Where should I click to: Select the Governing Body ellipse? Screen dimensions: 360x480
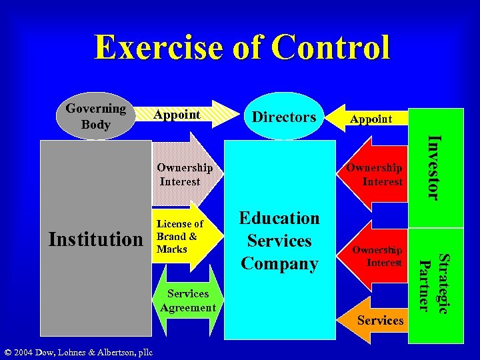click(95, 117)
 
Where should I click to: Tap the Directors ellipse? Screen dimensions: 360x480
click(284, 117)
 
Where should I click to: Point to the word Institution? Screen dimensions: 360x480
click(95, 238)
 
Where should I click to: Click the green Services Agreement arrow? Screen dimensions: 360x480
click(187, 301)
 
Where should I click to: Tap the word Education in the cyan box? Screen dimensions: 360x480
click(279, 218)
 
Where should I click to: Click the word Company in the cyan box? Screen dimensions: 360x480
click(279, 263)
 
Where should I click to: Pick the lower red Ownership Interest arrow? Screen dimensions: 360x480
click(377, 256)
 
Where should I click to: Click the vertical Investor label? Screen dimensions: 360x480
click(433, 167)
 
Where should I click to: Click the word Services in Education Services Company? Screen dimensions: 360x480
click(279, 241)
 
